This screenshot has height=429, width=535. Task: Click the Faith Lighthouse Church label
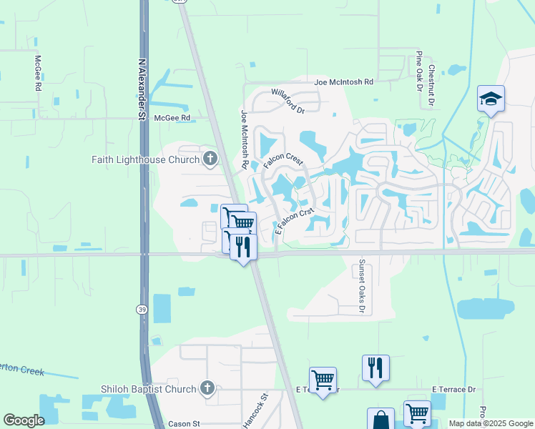(x=145, y=159)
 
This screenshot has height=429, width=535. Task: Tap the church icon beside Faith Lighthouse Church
(x=210, y=159)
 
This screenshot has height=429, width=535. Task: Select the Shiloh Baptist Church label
(x=149, y=389)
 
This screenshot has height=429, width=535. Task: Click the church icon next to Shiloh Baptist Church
(x=207, y=389)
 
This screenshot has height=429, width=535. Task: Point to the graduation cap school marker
(x=491, y=99)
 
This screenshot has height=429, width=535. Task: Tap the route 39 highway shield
(x=142, y=308)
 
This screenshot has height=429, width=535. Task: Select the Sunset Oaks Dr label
(x=363, y=286)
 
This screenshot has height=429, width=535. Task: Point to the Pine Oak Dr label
(x=419, y=71)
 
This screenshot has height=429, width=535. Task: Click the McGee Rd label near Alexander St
(x=175, y=117)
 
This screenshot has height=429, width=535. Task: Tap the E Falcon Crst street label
(x=295, y=222)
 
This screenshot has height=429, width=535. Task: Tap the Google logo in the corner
(x=24, y=420)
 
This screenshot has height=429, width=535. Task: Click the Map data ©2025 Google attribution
(x=491, y=423)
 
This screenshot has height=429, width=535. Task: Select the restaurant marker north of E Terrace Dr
(x=376, y=368)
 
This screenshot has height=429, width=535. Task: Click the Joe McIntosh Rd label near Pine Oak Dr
(x=344, y=82)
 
